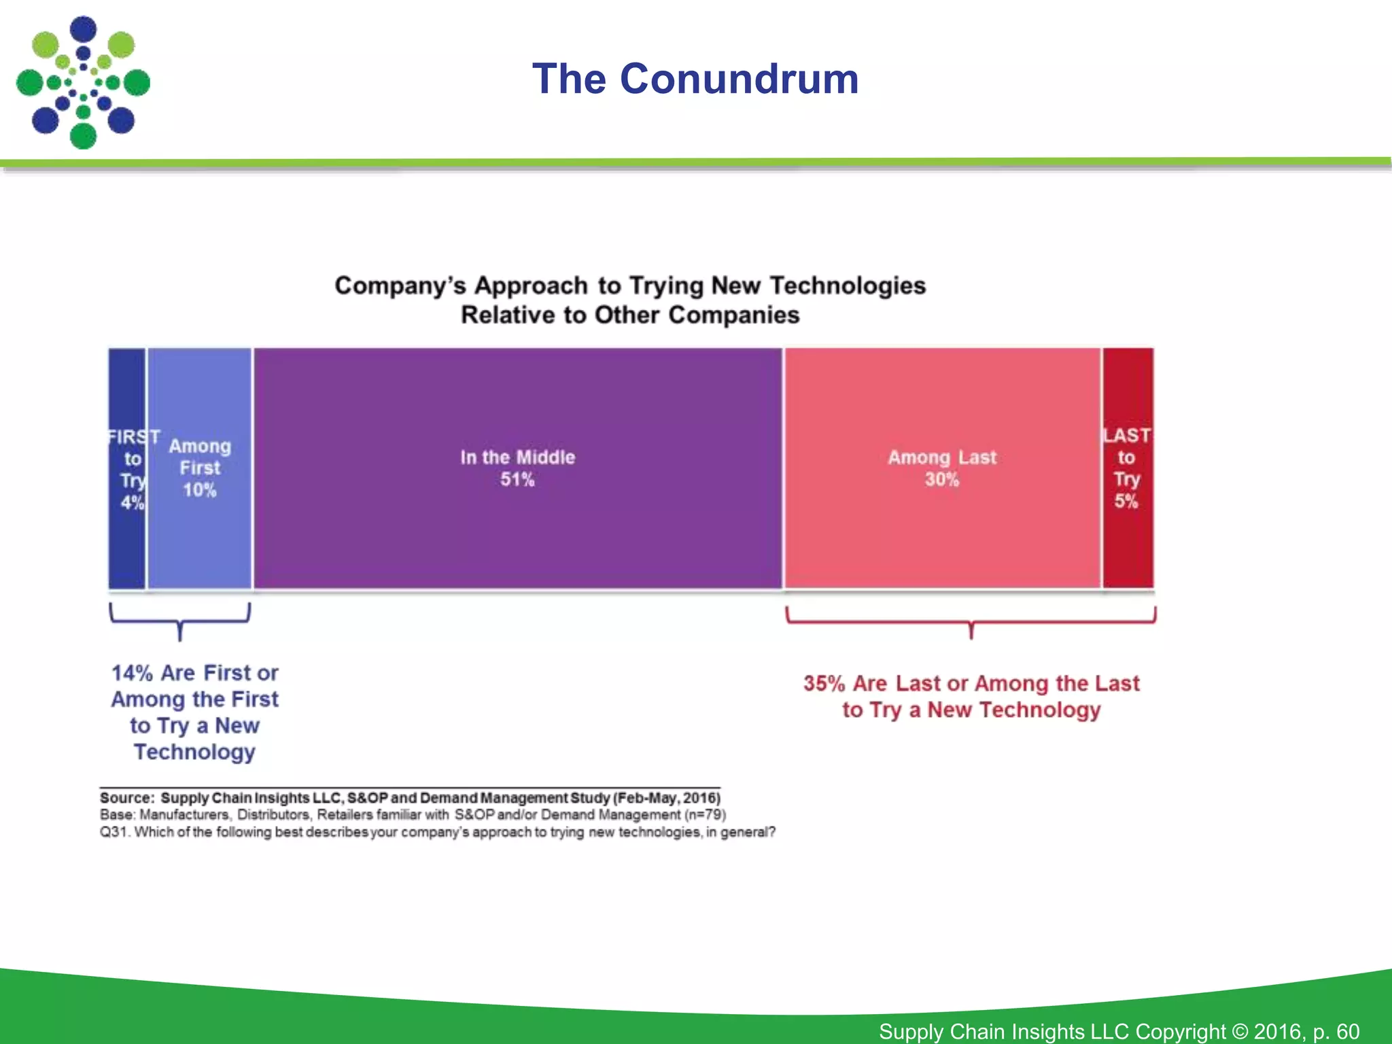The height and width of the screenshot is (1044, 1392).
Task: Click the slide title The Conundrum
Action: click(695, 79)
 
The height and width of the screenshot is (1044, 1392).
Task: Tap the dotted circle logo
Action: click(83, 83)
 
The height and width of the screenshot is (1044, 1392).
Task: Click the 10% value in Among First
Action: click(199, 490)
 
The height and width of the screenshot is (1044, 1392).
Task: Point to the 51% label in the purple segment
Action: click(517, 480)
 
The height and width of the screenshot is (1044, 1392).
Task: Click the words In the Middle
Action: click(517, 457)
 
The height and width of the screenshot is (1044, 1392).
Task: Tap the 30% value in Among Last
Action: click(941, 480)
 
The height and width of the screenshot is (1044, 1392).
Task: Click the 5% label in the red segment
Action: click(1126, 502)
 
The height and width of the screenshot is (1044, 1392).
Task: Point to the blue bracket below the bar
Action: click(180, 620)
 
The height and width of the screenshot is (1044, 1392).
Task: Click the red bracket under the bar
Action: click(971, 621)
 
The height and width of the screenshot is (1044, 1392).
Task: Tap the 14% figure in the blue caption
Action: click(132, 673)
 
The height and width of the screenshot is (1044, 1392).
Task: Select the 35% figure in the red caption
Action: click(824, 684)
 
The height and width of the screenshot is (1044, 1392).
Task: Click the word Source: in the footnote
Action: click(127, 797)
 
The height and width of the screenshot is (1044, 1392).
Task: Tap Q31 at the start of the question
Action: click(114, 832)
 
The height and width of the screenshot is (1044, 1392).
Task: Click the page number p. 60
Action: click(1336, 1031)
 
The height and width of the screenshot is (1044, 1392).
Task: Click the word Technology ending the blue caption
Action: click(194, 752)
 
